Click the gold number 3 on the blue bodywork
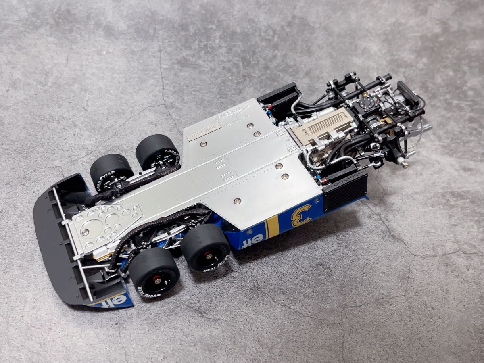point(302,215)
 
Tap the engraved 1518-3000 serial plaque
point(204,132)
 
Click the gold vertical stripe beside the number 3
point(273,226)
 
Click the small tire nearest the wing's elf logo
point(154,275)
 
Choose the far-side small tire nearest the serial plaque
point(157,153)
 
